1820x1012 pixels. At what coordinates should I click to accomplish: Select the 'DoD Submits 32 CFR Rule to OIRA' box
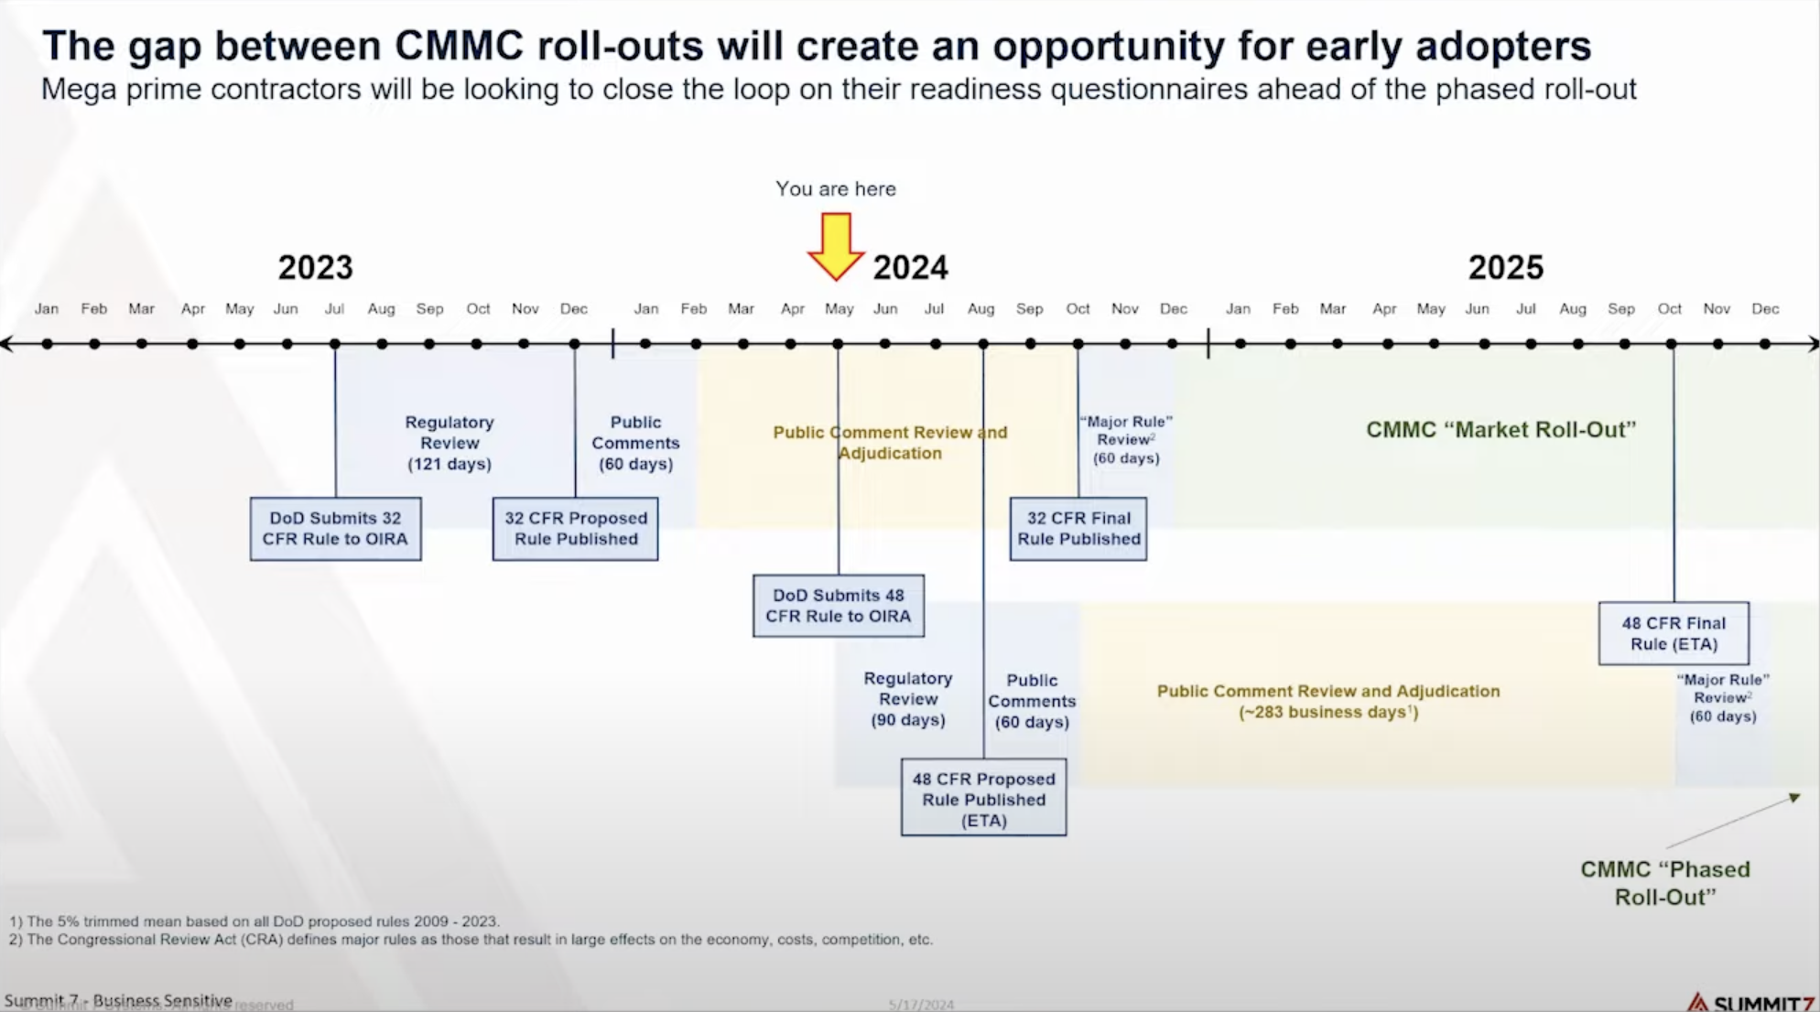point(335,529)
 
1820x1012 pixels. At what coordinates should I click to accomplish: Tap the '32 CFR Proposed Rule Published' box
point(575,529)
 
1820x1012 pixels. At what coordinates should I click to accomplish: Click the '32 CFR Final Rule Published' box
point(1078,529)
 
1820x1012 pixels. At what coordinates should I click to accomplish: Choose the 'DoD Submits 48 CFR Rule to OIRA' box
point(838,606)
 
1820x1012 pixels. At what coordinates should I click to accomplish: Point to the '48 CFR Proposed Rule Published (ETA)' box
point(983,798)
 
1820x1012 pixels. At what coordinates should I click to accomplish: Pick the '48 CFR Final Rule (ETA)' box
point(1674,633)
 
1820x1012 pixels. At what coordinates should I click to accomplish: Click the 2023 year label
point(315,267)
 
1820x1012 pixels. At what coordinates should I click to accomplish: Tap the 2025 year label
point(1505,267)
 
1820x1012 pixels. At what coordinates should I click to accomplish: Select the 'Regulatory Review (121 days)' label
point(449,443)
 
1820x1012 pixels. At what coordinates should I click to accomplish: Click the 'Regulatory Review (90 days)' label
point(907,699)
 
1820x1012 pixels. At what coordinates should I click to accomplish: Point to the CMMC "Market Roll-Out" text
point(1500,430)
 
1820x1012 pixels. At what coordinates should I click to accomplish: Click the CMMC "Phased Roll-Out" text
point(1664,883)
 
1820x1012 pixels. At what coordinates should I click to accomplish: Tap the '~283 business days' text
point(1327,713)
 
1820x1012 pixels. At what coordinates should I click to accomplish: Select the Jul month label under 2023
point(334,309)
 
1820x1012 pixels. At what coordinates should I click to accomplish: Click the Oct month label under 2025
point(1669,309)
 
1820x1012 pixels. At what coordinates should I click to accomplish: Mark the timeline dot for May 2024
point(838,344)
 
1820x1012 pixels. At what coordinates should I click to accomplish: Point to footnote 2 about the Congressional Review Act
point(471,940)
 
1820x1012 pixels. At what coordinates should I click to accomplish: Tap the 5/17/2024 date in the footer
point(921,1005)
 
